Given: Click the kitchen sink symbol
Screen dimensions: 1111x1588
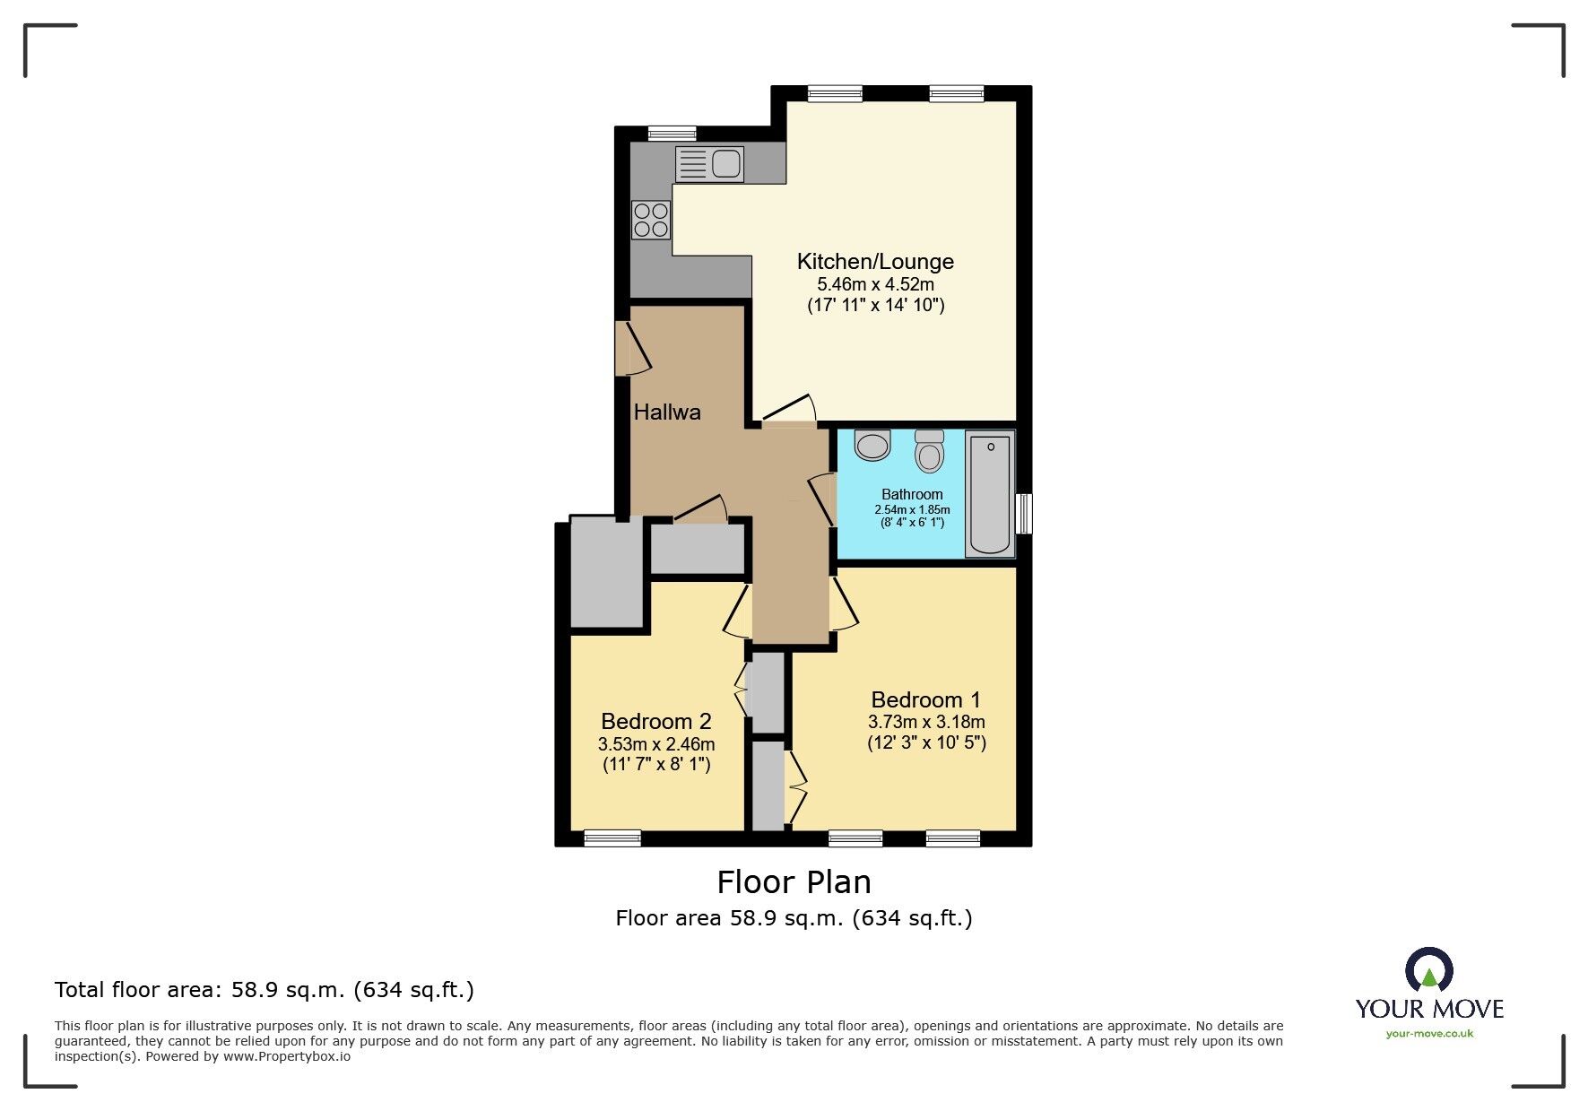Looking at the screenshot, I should (709, 164).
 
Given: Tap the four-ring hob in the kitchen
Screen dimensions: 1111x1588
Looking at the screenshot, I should (651, 220).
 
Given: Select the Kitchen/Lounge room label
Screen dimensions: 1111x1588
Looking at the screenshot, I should (875, 262).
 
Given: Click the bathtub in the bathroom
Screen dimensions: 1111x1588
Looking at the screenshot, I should (990, 494).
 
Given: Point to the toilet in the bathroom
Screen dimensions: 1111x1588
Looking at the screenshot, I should (930, 452).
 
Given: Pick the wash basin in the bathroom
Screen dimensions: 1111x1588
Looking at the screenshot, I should (872, 445).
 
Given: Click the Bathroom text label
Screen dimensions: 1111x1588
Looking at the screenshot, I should (912, 494).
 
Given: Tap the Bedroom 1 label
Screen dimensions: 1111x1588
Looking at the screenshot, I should (925, 699).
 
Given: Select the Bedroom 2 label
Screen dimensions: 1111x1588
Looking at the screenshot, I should (655, 721).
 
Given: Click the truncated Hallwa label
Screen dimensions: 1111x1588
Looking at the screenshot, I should (667, 412).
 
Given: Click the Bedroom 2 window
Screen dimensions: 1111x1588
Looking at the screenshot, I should (612, 838).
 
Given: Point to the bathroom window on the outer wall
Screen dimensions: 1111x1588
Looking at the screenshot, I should (1026, 513).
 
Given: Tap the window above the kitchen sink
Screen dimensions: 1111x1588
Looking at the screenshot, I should (672, 133).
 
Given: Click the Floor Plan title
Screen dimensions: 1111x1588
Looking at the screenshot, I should (794, 882).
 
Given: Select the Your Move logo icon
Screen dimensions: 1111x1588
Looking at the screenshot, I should (1428, 969).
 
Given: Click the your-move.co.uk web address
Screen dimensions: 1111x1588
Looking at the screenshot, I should (1429, 1033).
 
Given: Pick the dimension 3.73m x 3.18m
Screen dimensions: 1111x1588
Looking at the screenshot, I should (925, 722).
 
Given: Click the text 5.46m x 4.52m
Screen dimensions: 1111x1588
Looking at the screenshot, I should (875, 284).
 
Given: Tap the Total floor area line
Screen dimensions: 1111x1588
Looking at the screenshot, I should (264, 990).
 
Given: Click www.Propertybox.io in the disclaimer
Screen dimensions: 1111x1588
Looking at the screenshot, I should (287, 1056).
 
